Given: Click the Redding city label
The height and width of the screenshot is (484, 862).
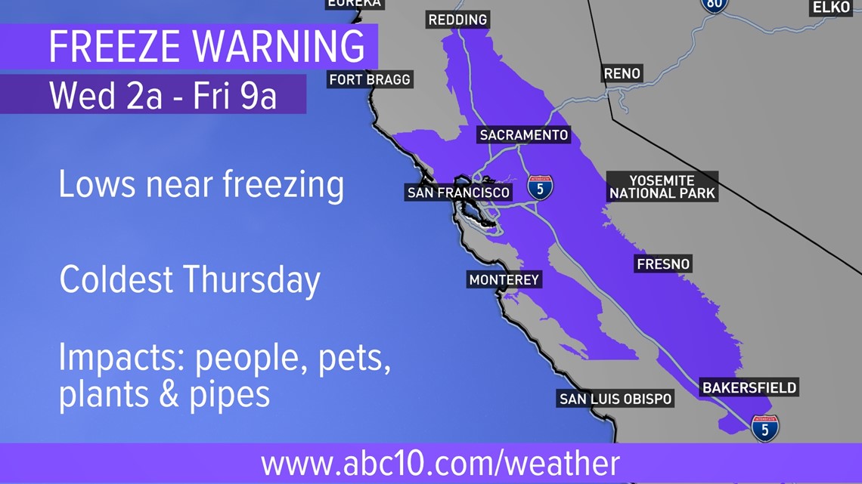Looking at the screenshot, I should pyautogui.click(x=457, y=20).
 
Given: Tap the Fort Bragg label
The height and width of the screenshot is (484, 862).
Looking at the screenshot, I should pyautogui.click(x=370, y=79).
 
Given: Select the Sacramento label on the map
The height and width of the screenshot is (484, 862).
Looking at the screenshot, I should pyautogui.click(x=523, y=135).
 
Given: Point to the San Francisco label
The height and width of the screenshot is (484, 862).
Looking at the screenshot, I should pyautogui.click(x=458, y=193).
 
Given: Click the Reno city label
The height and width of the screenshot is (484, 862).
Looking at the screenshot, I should pyautogui.click(x=622, y=73).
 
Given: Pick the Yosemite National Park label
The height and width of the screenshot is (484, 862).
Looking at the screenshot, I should pyautogui.click(x=662, y=187).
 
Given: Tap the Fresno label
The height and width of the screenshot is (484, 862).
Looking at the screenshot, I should pyautogui.click(x=663, y=264).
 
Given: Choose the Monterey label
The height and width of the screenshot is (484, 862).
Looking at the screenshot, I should pyautogui.click(x=504, y=280).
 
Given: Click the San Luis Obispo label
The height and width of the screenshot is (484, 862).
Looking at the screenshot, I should pyautogui.click(x=615, y=399).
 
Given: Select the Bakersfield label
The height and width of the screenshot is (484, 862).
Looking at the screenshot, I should pyautogui.click(x=749, y=388).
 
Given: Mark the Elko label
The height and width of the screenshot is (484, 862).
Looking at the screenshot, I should pyautogui.click(x=831, y=8).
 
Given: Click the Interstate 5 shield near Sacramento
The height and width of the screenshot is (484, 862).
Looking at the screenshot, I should pyautogui.click(x=540, y=187).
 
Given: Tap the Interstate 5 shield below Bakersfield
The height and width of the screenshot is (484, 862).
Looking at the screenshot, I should pyautogui.click(x=765, y=428).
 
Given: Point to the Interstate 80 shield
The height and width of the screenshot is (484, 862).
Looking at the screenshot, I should pyautogui.click(x=714, y=5).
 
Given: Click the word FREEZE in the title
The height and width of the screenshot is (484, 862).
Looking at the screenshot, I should pyautogui.click(x=113, y=47).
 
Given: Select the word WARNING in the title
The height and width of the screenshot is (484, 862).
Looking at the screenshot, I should pyautogui.click(x=278, y=47).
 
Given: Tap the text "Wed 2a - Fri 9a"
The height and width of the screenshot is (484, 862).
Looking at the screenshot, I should pyautogui.click(x=163, y=96).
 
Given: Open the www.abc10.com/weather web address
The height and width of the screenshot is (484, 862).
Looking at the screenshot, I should pyautogui.click(x=440, y=463).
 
